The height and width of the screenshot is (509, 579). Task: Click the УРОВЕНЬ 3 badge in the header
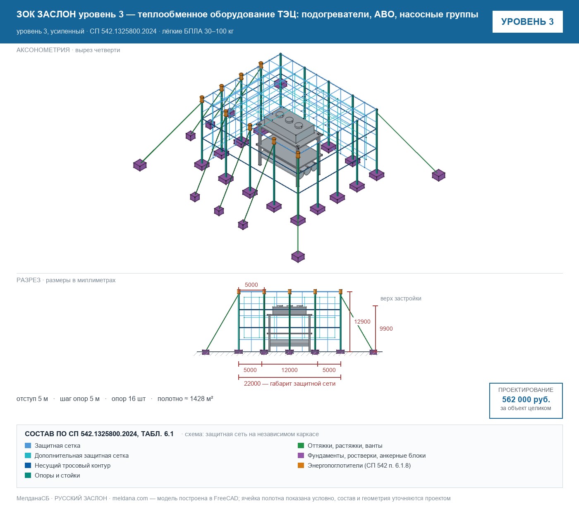[527, 22]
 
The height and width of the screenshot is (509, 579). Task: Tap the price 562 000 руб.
[526, 399]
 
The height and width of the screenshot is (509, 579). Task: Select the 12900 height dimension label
[362, 322]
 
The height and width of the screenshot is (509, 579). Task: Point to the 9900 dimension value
[386, 329]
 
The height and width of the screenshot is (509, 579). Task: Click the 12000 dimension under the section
[289, 370]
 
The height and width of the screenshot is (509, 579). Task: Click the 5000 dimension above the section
[251, 285]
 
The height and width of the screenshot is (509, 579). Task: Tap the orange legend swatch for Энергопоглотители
[301, 465]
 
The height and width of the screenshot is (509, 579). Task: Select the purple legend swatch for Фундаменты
[301, 455]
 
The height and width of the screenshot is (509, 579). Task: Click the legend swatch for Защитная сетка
[28, 446]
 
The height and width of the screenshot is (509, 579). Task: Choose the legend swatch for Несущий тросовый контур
[28, 465]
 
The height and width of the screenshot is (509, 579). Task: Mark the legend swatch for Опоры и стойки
[28, 475]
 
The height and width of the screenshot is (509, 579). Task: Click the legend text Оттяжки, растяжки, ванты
[345, 446]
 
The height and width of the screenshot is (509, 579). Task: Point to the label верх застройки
[401, 298]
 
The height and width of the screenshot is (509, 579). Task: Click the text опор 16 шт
[128, 399]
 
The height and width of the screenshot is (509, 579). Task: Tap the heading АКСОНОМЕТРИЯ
[43, 50]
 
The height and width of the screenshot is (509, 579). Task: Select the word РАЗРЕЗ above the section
[29, 280]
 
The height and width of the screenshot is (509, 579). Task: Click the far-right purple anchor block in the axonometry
[438, 175]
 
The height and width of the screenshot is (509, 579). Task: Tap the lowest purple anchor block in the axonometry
[298, 257]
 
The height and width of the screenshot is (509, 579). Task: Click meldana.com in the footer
[130, 498]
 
